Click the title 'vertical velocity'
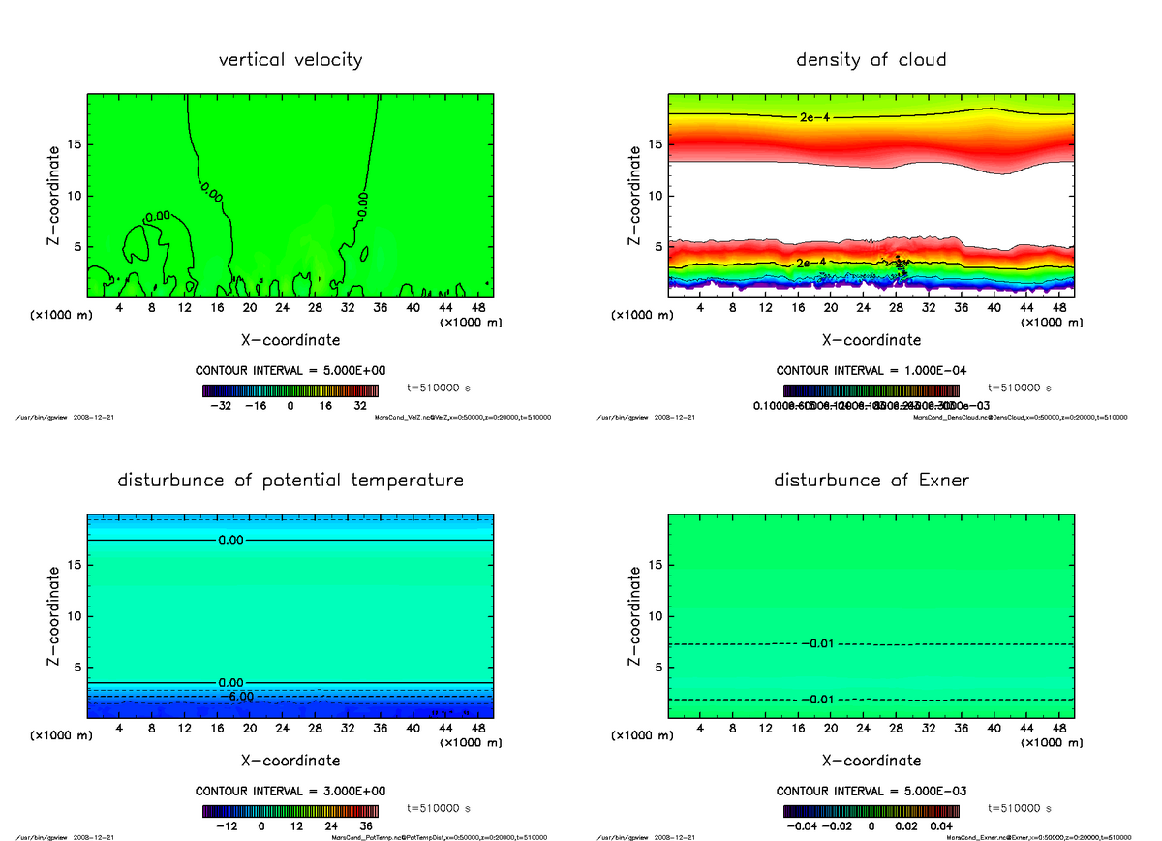pos(290,60)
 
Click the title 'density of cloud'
pos(871,60)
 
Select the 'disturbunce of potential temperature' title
pos(290,481)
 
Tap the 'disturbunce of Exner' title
pos(871,481)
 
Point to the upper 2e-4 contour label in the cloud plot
pos(814,117)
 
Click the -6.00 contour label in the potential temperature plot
pos(236,696)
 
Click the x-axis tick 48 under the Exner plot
pos(1058,729)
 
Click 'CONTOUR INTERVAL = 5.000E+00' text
pos(290,371)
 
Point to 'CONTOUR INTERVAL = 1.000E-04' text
pos(871,371)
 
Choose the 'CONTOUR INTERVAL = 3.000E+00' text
pos(290,792)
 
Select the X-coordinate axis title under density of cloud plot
pos(871,340)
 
